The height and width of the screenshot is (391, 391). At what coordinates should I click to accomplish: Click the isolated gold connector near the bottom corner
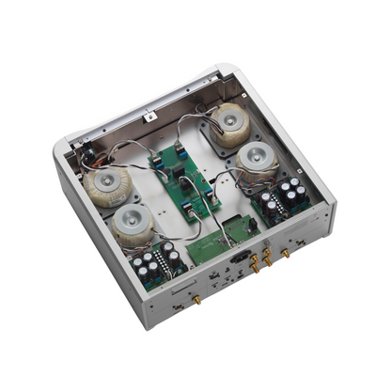(198, 298)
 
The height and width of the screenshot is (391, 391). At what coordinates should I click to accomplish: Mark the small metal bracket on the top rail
(148, 118)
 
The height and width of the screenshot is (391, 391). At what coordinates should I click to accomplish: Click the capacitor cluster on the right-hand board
(288, 193)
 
